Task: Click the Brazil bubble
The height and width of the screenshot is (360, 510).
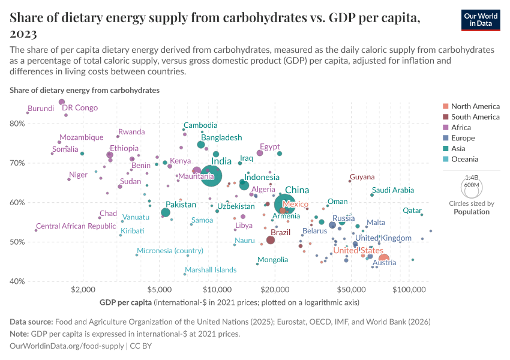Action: (271, 240)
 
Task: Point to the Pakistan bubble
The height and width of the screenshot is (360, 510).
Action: (166, 212)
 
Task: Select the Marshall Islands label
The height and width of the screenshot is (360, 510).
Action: (211, 270)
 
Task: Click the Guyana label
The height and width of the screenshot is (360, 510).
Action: (362, 177)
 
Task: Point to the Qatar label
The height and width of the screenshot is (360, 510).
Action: (412, 211)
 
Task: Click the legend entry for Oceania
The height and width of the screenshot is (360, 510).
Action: (464, 160)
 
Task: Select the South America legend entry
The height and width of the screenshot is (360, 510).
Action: (475, 117)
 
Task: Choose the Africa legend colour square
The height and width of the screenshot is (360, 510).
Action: (445, 128)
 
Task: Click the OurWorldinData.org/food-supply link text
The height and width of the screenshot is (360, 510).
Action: (67, 346)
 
